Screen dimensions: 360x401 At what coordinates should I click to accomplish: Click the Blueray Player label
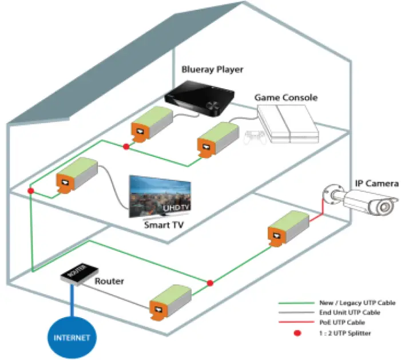click(x=212, y=70)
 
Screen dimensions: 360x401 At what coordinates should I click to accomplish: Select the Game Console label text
click(x=285, y=98)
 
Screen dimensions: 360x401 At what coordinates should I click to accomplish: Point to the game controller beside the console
click(x=255, y=139)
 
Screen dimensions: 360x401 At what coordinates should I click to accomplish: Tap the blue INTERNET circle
click(x=72, y=337)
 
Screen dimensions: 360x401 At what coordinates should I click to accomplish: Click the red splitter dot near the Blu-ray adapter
click(x=126, y=147)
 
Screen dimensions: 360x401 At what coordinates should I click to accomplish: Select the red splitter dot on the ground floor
click(x=210, y=283)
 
